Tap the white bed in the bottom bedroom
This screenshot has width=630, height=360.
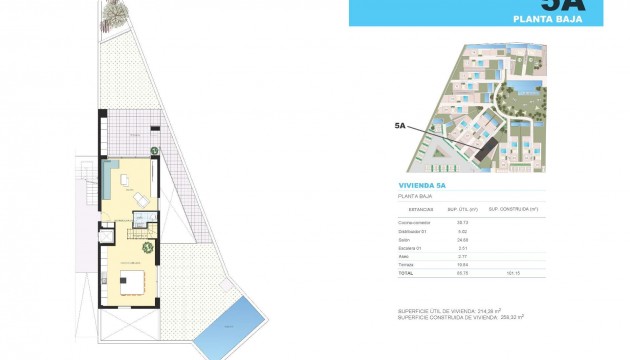tap(133, 282)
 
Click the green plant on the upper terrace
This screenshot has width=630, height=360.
tap(155, 151)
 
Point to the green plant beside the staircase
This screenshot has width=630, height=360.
tap(148, 245)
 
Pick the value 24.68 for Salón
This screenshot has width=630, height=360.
tap(463, 240)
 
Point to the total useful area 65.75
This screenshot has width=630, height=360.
tap(463, 273)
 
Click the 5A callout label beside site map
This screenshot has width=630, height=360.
tap(400, 127)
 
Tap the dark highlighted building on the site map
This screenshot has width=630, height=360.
tap(486, 151)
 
